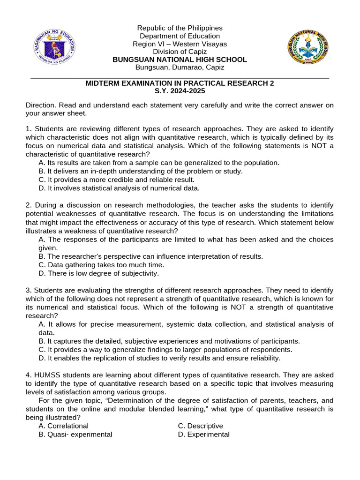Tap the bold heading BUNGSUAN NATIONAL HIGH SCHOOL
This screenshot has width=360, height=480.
tap(180, 60)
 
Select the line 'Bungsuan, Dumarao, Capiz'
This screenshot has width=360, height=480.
tap(180, 67)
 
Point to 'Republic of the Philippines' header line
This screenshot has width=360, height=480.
tap(180, 28)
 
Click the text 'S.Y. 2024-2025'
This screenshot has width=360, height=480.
tap(180, 91)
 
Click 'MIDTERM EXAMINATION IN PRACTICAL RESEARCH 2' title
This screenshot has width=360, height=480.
tap(180, 83)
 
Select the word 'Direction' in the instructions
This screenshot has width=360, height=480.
tap(40, 105)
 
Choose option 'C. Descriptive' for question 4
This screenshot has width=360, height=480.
tap(200, 426)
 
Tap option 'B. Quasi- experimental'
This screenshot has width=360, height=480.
tap(75, 435)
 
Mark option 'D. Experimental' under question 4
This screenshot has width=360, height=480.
tap(203, 435)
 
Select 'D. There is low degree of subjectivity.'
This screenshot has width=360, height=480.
tap(98, 273)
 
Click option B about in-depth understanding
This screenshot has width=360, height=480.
tap(141, 171)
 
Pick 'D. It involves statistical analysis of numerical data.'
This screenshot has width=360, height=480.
tap(119, 188)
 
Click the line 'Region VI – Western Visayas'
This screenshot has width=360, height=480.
tap(180, 44)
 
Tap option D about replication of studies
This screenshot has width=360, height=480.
tap(159, 358)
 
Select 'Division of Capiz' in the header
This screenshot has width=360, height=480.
tap(180, 52)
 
